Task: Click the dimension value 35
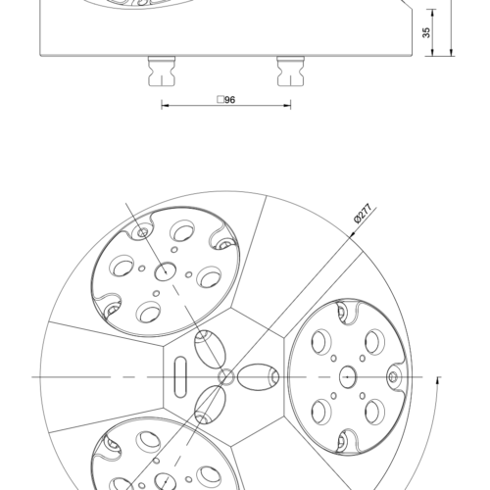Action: tap(426, 31)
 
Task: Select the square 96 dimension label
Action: tap(225, 100)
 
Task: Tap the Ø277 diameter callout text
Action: tap(364, 214)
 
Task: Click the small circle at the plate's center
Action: tap(224, 376)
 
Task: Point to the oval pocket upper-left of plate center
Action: tap(207, 348)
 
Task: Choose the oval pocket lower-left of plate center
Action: tap(207, 404)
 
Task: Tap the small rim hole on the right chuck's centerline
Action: tap(394, 376)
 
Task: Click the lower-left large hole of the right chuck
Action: tap(318, 409)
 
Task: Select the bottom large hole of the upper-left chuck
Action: tap(147, 312)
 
